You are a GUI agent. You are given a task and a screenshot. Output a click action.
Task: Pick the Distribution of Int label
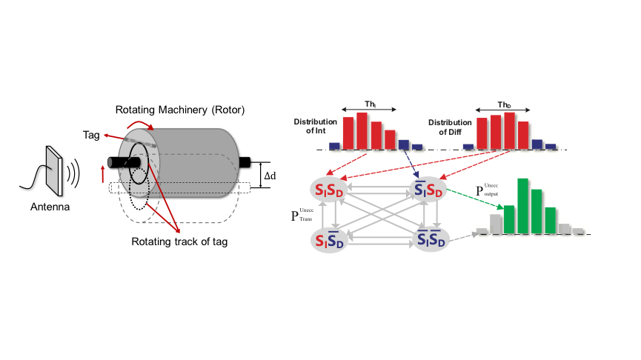[315, 126]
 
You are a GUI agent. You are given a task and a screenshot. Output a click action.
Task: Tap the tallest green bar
[522, 205]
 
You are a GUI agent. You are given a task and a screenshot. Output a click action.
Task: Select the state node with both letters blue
[432, 240]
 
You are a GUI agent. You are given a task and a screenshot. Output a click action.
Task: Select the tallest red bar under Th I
[362, 130]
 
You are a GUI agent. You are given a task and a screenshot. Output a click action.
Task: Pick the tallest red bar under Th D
[509, 130]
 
